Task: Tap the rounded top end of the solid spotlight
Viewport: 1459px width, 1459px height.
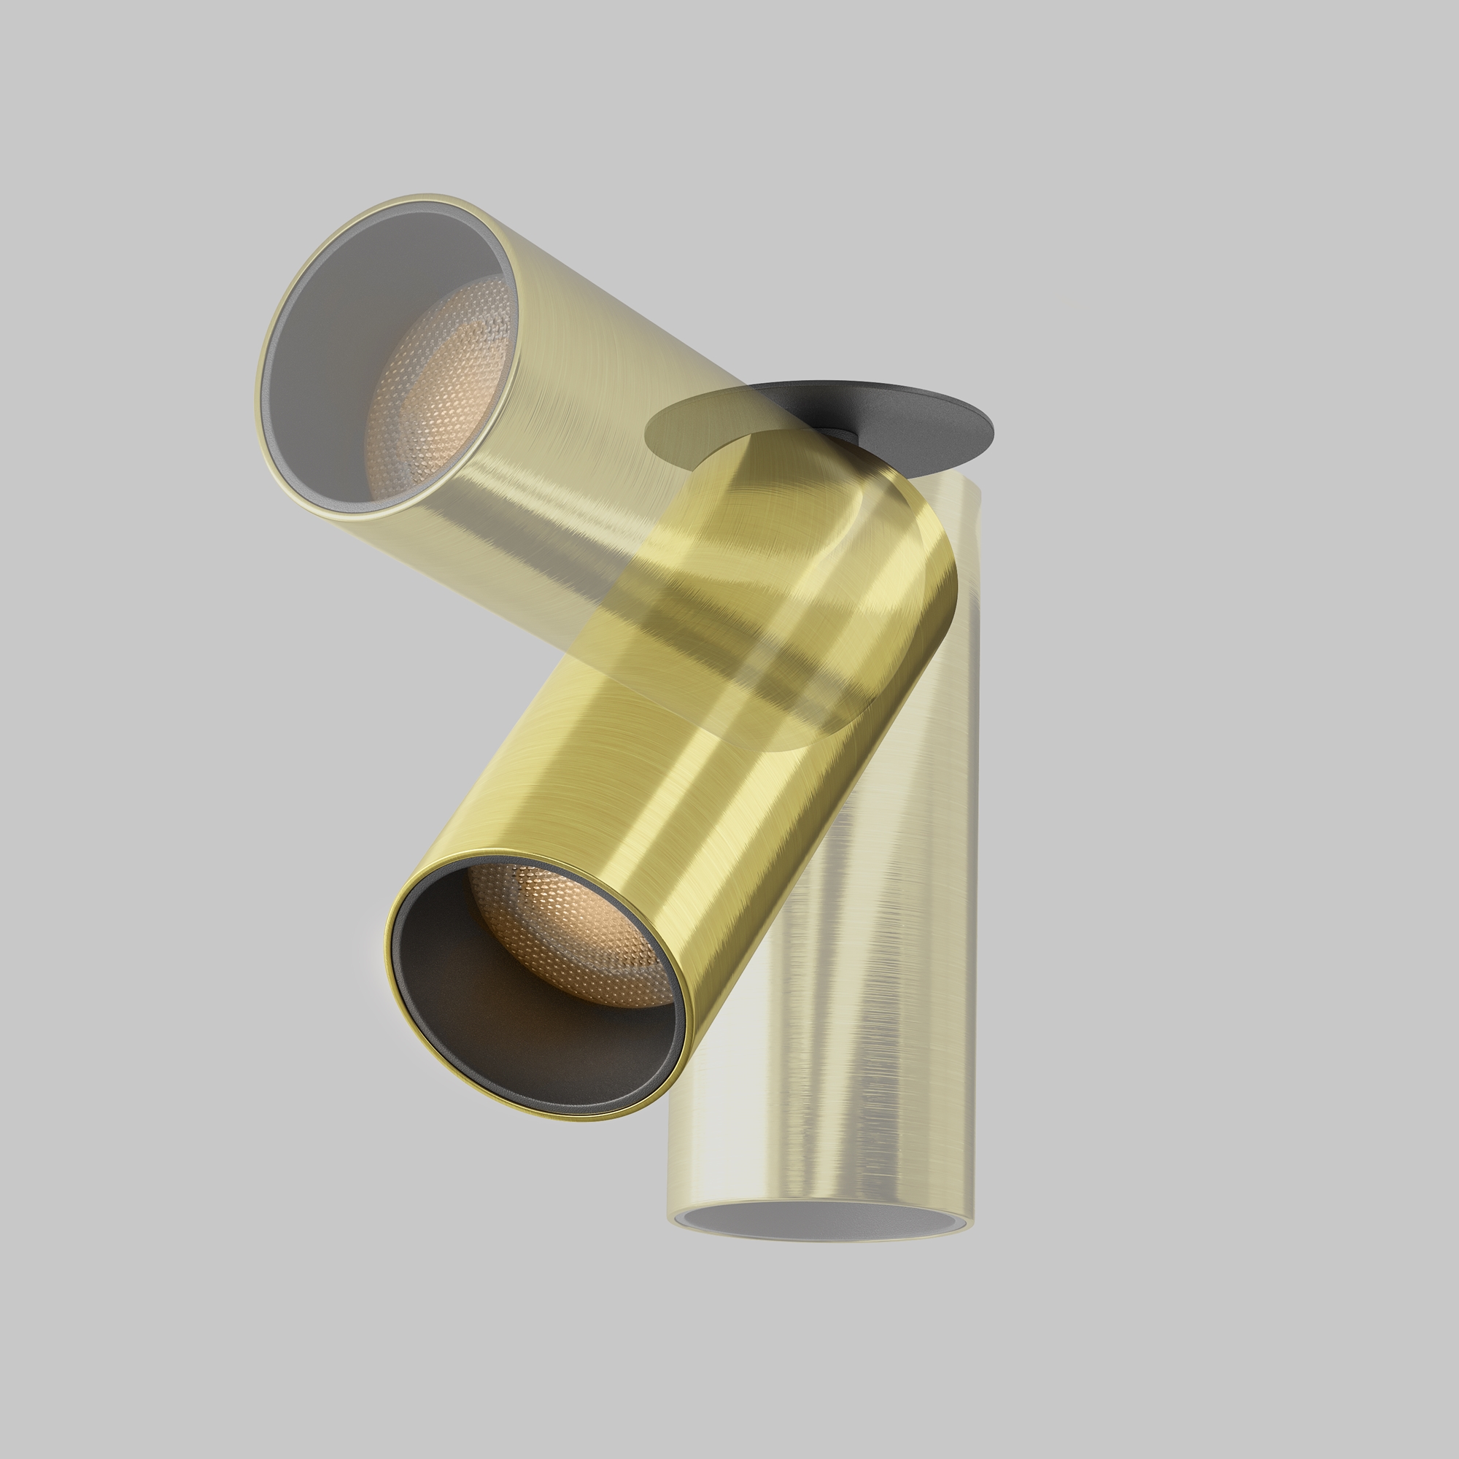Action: pyautogui.click(x=891, y=491)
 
